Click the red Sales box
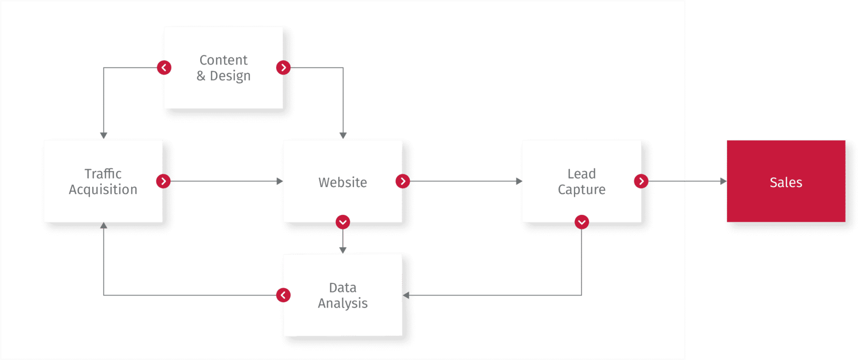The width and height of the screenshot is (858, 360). (x=786, y=181)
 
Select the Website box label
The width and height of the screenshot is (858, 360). (x=343, y=182)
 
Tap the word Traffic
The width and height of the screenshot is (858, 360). (x=103, y=173)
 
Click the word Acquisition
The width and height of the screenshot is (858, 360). (x=103, y=189)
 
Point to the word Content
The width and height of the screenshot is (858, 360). (x=223, y=60)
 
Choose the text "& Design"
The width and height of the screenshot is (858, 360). (x=223, y=75)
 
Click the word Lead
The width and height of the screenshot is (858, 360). (x=581, y=173)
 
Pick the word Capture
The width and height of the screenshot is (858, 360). (x=581, y=189)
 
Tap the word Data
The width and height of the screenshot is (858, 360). (x=343, y=287)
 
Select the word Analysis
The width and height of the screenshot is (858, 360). (x=343, y=303)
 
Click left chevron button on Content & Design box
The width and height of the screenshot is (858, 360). (x=164, y=67)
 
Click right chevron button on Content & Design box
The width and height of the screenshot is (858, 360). (x=283, y=67)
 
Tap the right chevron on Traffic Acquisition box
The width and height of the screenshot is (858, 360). (x=164, y=181)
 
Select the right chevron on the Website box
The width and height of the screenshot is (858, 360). (x=403, y=181)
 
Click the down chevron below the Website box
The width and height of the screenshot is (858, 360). (x=343, y=222)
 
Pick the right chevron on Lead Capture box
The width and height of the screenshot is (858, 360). (x=641, y=181)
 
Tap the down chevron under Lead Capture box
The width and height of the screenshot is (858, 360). (x=581, y=222)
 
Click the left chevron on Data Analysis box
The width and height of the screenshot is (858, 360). (x=283, y=295)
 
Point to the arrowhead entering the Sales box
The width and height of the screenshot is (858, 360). (x=723, y=181)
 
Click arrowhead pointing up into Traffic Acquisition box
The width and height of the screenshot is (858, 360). (x=104, y=226)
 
